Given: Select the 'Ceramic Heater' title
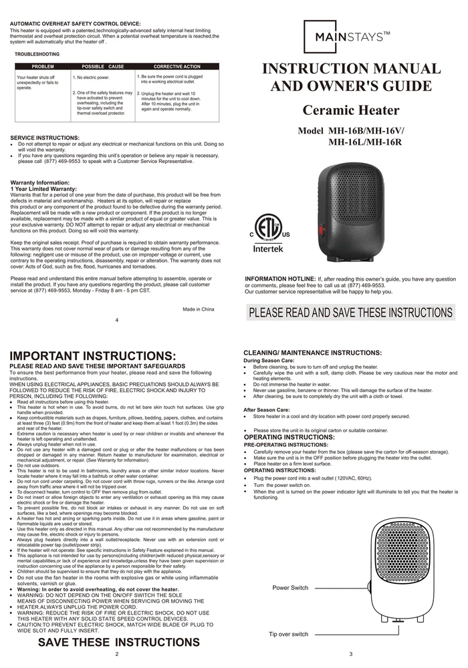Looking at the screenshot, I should pyautogui.click(x=350, y=110).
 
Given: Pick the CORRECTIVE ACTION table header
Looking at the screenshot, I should pyautogui.click(x=177, y=67).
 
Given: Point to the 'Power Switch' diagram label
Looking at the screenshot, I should pyautogui.click(x=291, y=587).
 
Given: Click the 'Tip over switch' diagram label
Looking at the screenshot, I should pyautogui.click(x=288, y=634).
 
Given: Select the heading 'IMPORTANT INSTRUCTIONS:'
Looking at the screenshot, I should pyautogui.click(x=93, y=356).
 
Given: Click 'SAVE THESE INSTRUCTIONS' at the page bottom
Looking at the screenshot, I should pyautogui.click(x=118, y=643).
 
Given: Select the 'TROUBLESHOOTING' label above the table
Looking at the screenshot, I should pyautogui.click(x=37, y=53).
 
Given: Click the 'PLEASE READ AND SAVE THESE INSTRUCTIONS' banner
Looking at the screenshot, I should pyautogui.click(x=350, y=313).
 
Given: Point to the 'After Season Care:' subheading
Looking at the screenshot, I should pyautogui.click(x=267, y=409).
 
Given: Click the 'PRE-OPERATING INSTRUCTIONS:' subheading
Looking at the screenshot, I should pyautogui.click(x=285, y=444).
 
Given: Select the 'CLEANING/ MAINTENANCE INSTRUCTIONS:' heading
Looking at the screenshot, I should pyautogui.click(x=312, y=353).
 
